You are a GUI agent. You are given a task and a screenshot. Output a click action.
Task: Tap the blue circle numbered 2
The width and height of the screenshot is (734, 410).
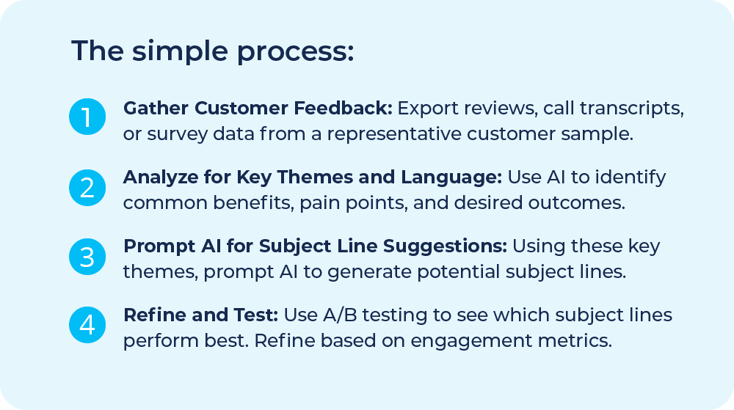pos(87,187)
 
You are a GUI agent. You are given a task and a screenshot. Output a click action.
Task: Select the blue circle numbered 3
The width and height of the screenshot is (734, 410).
pos(87,256)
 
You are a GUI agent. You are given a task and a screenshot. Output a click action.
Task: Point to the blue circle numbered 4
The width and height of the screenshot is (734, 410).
pos(87,325)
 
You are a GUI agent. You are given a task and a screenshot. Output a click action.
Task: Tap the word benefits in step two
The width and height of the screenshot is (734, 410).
pos(248,203)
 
